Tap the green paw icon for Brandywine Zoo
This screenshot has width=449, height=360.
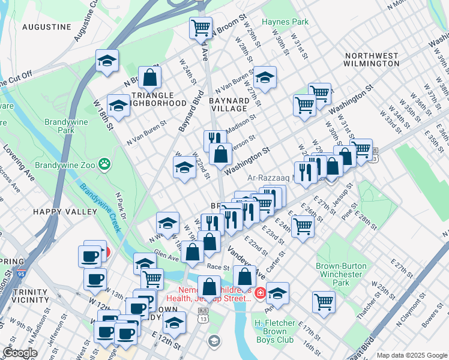coord(106,163)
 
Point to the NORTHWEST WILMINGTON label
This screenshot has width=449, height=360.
coord(371,59)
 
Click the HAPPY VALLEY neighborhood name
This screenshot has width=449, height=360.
coord(65,212)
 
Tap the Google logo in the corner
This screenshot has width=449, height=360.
coord(20,352)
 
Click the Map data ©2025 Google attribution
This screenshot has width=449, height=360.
coord(411,355)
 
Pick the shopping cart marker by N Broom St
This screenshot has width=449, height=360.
coord(200,27)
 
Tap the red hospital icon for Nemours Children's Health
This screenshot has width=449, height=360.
coord(260,293)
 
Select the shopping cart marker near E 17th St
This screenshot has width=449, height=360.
coord(324,301)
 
